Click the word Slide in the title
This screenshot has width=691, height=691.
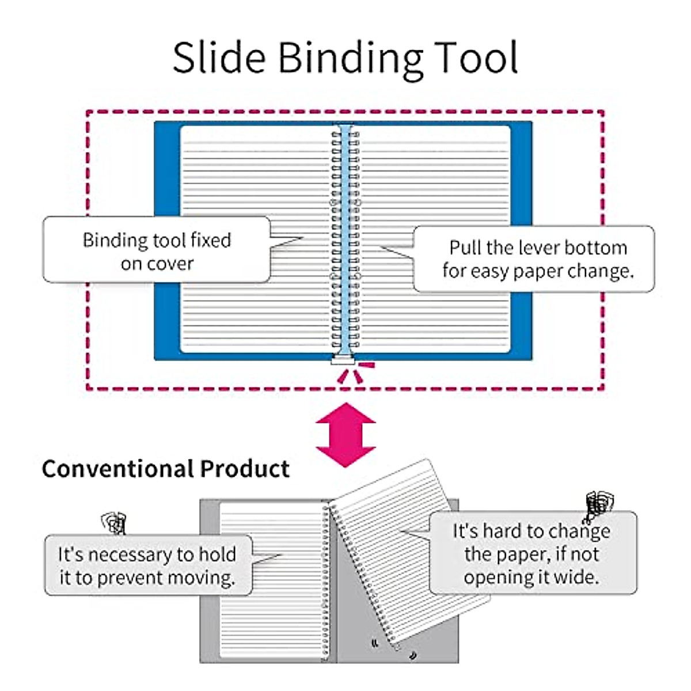219,58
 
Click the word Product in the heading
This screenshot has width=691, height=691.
245,469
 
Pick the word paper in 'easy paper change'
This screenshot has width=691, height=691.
536,271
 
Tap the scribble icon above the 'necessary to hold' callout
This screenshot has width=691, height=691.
113,522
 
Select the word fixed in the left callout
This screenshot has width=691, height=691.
211,240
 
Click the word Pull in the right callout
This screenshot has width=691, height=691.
465,248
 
